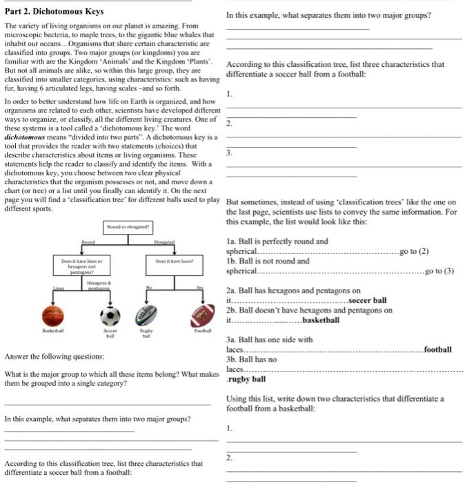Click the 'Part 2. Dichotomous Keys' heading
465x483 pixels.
tap(54, 12)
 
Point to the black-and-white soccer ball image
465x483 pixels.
tap(110, 316)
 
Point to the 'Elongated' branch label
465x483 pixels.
tap(164, 242)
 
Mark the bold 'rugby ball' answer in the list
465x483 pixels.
tap(246, 379)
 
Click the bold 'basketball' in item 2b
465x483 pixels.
tap(321, 319)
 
